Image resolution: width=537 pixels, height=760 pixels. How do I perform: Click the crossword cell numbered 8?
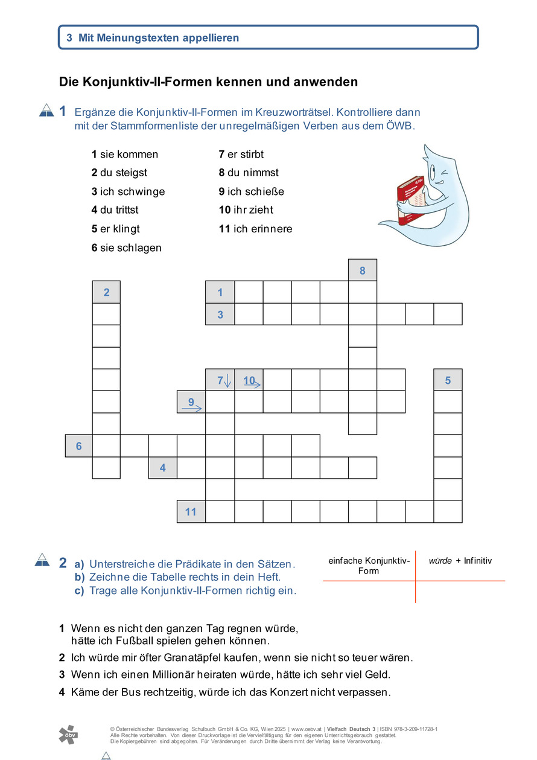(363, 270)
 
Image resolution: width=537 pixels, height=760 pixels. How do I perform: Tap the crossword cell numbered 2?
(106, 292)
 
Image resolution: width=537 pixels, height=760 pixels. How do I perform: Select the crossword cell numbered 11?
(191, 512)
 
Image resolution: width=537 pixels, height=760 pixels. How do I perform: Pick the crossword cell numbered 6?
(78, 446)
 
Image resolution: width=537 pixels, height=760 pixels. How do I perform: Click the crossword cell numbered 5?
(448, 380)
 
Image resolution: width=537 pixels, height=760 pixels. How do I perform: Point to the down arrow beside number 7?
(227, 381)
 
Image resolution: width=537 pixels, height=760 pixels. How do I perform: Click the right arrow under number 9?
(192, 409)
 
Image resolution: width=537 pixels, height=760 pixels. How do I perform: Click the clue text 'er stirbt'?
(246, 155)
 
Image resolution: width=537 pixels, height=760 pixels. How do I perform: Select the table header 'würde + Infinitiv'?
(460, 561)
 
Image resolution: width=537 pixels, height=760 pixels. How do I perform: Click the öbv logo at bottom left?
(68, 734)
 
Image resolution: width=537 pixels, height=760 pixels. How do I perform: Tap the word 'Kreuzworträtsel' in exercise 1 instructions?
(291, 112)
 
